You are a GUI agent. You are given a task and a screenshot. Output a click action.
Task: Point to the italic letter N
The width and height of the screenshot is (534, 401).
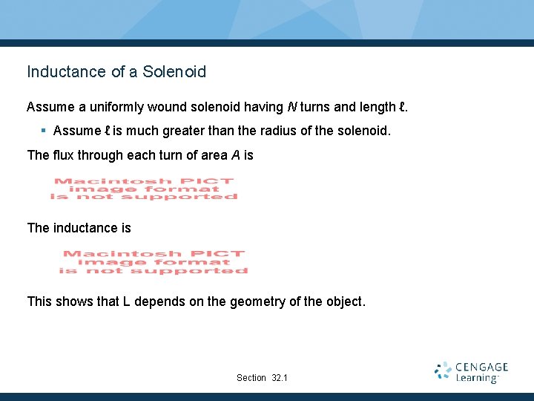tap(291, 108)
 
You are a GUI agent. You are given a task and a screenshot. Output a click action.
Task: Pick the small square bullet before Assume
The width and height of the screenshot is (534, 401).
tap(44, 131)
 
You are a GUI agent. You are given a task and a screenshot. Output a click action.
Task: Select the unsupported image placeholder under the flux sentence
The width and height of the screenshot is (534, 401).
tap(144, 189)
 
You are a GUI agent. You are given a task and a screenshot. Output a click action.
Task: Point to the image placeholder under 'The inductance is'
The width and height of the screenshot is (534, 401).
tap(154, 262)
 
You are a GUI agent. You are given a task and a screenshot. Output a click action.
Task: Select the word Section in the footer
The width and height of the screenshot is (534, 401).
tap(251, 378)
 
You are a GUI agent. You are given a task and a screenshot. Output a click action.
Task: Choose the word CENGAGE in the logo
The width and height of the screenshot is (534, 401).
tap(481, 367)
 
